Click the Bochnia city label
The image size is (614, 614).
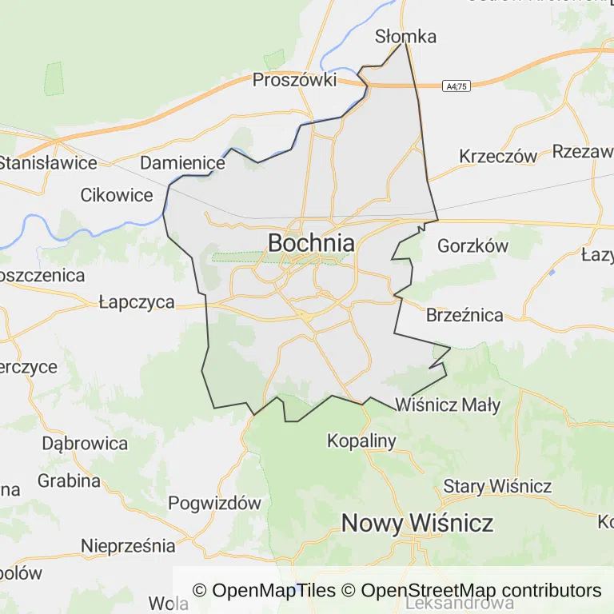pyautogui.click(x=311, y=242)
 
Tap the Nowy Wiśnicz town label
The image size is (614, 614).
pyautogui.click(x=417, y=523)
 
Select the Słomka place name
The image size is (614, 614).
pyautogui.click(x=406, y=36)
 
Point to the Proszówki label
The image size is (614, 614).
pyautogui.click(x=295, y=79)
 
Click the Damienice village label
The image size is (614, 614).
pyautogui.click(x=182, y=162)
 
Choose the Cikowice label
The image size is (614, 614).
pyautogui.click(x=117, y=194)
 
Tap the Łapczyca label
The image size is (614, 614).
pyautogui.click(x=137, y=301)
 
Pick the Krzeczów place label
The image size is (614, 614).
pyautogui.click(x=497, y=156)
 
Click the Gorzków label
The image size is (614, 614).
pyautogui.click(x=472, y=245)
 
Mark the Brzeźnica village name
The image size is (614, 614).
pyautogui.click(x=464, y=314)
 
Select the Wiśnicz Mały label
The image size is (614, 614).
pyautogui.click(x=448, y=405)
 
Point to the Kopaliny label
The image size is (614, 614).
pyautogui.click(x=362, y=441)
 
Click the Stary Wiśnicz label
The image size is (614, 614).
pyautogui.click(x=497, y=485)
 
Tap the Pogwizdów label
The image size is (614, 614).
pyautogui.click(x=215, y=503)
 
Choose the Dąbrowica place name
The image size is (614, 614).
pyautogui.click(x=85, y=443)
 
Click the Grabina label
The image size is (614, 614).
pyautogui.click(x=69, y=480)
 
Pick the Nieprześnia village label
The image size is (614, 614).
pyautogui.click(x=128, y=546)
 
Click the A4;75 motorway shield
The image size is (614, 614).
pyautogui.click(x=457, y=85)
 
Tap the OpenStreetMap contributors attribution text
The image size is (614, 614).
pyautogui.click(x=480, y=591)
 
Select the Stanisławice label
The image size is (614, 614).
pyautogui.click(x=48, y=162)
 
